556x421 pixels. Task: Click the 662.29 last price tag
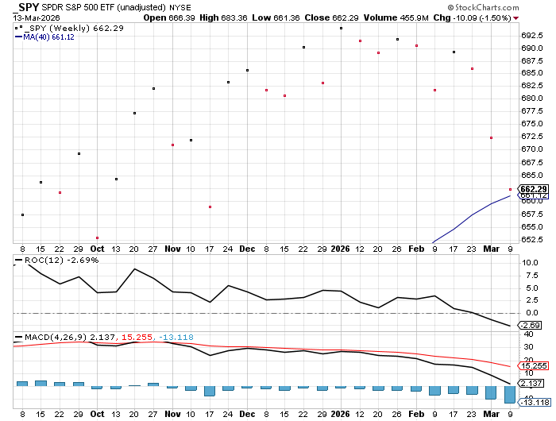point(533,189)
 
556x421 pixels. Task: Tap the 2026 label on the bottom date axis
point(341,414)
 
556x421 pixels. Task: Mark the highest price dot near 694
point(341,28)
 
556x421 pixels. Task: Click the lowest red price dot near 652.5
point(97,238)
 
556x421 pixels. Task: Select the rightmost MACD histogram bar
point(510,394)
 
